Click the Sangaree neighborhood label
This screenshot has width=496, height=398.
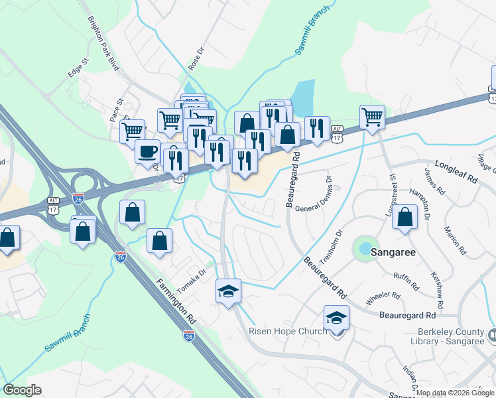click(397, 252)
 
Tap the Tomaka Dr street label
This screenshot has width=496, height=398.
click(192, 272)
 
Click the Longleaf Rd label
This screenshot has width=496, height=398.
click(456, 170)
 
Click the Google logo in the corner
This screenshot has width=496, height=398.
click(21, 390)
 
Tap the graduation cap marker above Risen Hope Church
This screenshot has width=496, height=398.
click(336, 318)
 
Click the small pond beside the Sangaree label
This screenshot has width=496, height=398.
click(365, 248)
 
